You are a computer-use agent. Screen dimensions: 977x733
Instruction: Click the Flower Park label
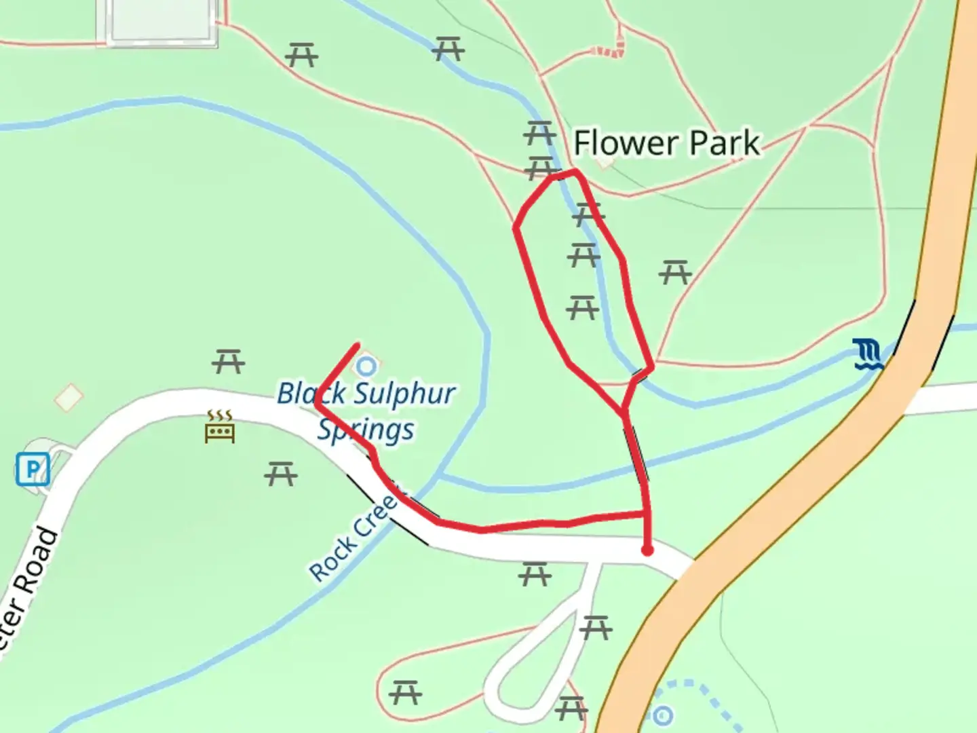[666, 143]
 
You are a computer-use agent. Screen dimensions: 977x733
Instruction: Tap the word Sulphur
[404, 394]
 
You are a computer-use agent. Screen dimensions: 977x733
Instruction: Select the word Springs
[366, 430]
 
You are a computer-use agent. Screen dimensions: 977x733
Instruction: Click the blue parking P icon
[33, 469]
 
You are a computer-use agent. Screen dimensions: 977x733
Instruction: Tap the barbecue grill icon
[220, 427]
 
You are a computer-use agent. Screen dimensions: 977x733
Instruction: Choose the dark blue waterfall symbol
[868, 355]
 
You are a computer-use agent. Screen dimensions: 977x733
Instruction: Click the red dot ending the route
[647, 550]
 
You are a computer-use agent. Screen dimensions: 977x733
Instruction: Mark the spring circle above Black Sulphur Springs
[366, 366]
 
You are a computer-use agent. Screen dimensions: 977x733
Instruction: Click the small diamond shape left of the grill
[69, 397]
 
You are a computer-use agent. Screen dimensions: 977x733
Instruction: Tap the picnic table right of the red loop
[675, 273]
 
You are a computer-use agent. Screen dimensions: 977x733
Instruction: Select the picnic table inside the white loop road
[596, 627]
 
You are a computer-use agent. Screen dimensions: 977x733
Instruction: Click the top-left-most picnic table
[302, 54]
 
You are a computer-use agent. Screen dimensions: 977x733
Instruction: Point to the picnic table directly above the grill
[228, 361]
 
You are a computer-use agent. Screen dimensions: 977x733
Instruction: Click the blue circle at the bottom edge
[662, 715]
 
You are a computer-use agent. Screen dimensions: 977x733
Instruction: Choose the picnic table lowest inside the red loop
[582, 307]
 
